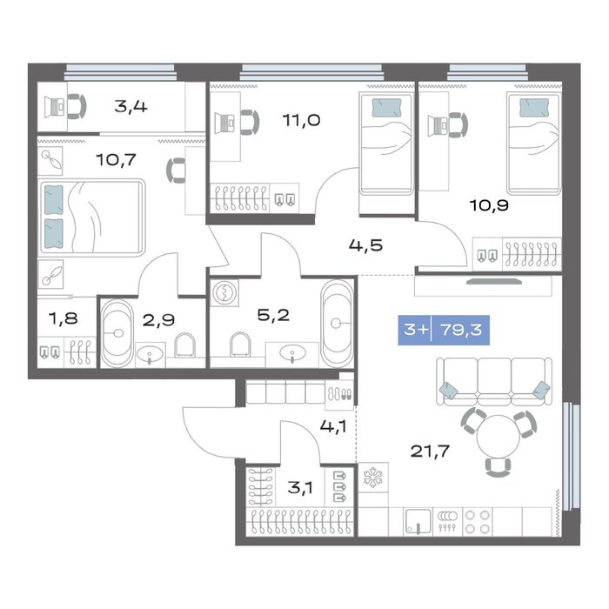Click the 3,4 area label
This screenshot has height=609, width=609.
tap(130, 106)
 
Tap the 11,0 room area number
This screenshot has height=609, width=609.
tap(301, 120)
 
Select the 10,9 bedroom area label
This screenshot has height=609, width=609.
tap(489, 205)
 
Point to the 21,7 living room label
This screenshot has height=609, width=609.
tap(430, 451)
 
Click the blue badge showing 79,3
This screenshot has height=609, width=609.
tap(444, 330)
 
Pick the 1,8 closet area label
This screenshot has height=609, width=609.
tap(63, 318)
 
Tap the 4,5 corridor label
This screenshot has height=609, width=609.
tap(365, 245)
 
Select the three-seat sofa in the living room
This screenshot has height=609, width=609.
tap(494, 382)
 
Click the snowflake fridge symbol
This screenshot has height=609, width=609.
tap(373, 478)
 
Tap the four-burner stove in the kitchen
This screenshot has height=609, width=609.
tap(478, 522)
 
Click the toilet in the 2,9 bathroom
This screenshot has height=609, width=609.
tap(184, 345)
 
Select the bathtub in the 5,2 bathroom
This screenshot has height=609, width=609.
tap(337, 322)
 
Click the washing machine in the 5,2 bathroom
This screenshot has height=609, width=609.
tap(224, 292)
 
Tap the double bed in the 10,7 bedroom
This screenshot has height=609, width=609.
tap(91, 217)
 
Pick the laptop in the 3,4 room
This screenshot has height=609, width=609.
tap(54, 107)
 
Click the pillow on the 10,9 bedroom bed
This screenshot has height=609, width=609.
tap(534, 107)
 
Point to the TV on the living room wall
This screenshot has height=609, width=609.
tap(494, 281)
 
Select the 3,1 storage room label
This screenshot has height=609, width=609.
tap(300, 487)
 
